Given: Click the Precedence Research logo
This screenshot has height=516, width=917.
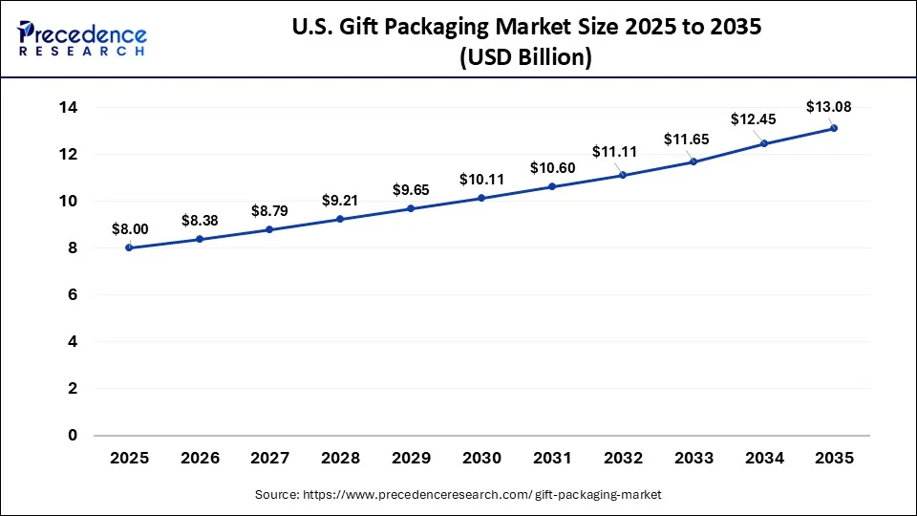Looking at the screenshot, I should [82, 37].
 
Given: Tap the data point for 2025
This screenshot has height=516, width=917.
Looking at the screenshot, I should [129, 247].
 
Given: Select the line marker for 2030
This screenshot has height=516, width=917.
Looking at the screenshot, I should [481, 198].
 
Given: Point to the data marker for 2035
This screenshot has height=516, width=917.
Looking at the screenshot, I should [834, 128].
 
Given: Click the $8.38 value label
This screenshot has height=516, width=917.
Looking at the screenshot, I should [200, 221].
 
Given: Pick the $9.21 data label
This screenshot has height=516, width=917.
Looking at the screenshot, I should [340, 201].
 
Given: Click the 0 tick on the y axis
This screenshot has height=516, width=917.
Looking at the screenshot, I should [72, 436].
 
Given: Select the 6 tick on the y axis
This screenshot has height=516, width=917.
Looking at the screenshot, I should [72, 295].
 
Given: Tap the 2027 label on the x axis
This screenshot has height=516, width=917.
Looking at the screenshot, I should [270, 459].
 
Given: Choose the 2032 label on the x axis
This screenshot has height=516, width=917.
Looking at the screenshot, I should [623, 459].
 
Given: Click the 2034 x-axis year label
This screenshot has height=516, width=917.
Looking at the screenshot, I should [763, 459].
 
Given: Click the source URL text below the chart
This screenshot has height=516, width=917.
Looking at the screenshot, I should [458, 494].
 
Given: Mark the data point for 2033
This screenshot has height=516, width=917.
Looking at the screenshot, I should [693, 161].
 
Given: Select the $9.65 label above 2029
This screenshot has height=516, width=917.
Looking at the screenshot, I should [411, 190].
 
